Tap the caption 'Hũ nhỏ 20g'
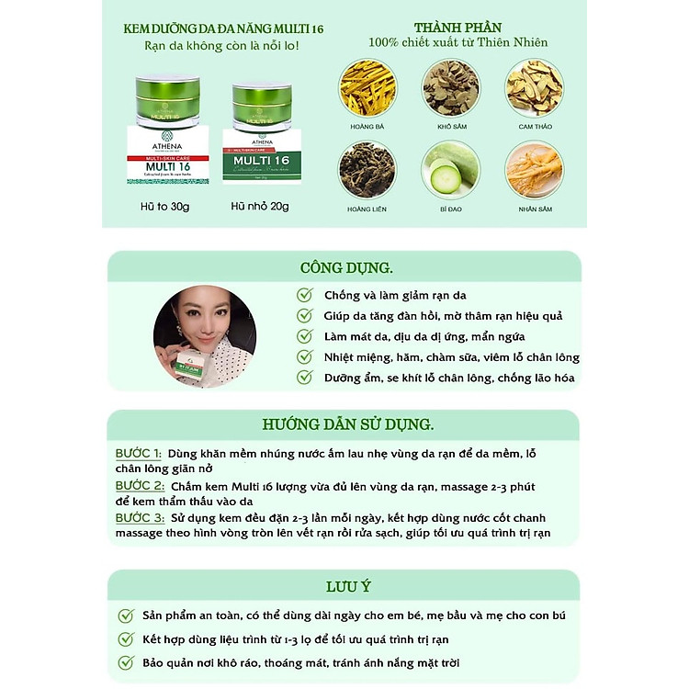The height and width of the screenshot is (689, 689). pos(260,207)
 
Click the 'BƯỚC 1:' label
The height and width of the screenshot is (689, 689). pos(139,454)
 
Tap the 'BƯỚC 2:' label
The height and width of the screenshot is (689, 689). pos(141,485)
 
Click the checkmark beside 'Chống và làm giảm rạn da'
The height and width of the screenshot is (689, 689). pos(305,295)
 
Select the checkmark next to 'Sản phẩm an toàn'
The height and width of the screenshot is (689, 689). pos(126,616)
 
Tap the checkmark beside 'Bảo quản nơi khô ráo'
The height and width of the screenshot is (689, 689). pos(126,662)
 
